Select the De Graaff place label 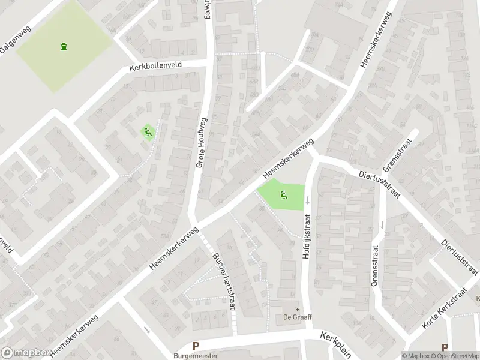(x=297, y=317)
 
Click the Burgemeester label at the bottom (x=196, y=356)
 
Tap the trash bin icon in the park (x=64, y=46)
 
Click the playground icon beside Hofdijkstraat (x=283, y=194)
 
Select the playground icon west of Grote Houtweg (x=147, y=132)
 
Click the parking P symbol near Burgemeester (x=196, y=346)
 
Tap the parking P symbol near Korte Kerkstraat (x=445, y=347)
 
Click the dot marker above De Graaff (x=297, y=309)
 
